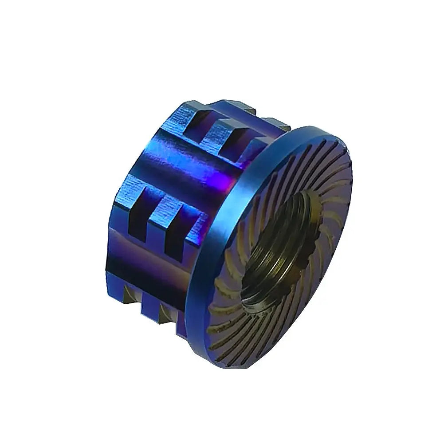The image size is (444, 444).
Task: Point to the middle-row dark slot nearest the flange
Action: [175, 231]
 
